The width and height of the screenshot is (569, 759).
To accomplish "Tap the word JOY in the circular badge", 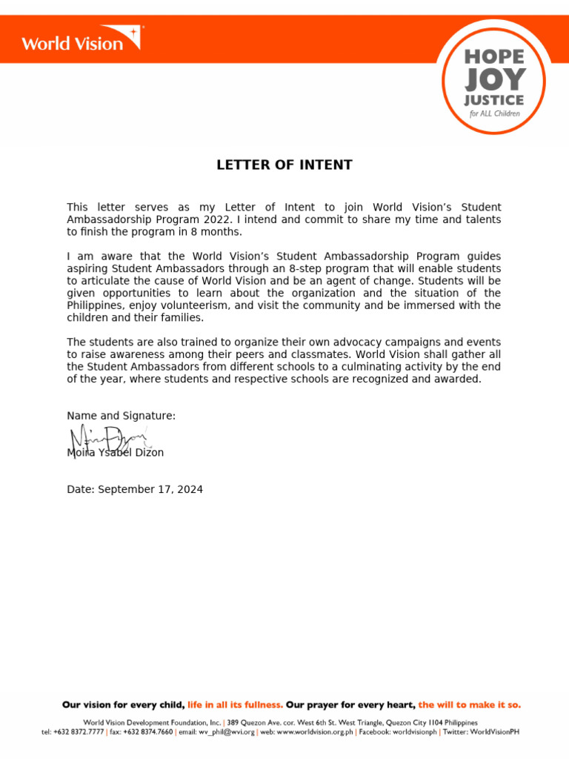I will tap(495, 79).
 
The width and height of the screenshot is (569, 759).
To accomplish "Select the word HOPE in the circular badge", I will tap(495, 56).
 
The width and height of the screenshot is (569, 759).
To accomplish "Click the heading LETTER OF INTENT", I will tap(284, 165).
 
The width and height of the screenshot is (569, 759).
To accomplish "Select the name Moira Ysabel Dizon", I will tap(116, 452).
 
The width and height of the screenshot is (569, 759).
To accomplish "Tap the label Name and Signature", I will tap(122, 416).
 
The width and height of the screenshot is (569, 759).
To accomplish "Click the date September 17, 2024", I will tap(150, 489).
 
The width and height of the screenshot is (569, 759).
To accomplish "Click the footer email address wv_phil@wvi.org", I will tap(231, 732).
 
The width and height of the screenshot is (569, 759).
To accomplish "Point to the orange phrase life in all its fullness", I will tap(235, 704).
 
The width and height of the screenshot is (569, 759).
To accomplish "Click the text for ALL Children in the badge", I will tap(494, 114).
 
